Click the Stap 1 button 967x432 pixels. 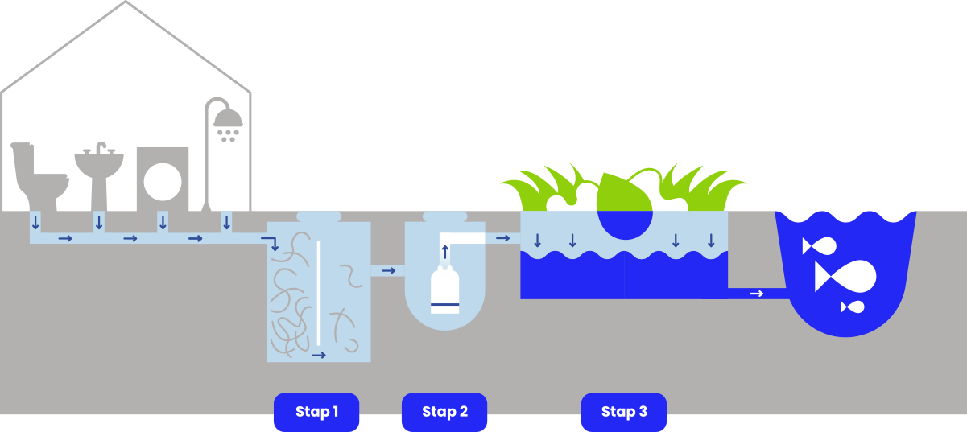point(316,412)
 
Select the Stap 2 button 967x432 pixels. point(444,412)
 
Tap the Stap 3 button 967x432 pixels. point(624,412)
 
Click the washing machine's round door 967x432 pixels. point(163,181)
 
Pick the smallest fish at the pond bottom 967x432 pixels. point(853,307)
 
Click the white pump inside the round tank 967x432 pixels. point(445,291)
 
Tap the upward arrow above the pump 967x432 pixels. point(444,252)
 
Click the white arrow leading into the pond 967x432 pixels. point(756,294)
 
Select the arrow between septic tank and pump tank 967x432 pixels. point(388,270)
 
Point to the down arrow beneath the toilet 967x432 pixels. point(35,221)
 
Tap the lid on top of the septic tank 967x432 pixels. point(318,216)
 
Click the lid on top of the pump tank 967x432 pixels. point(444,216)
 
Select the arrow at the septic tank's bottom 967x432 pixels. point(319,354)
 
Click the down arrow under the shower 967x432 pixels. point(226,221)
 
